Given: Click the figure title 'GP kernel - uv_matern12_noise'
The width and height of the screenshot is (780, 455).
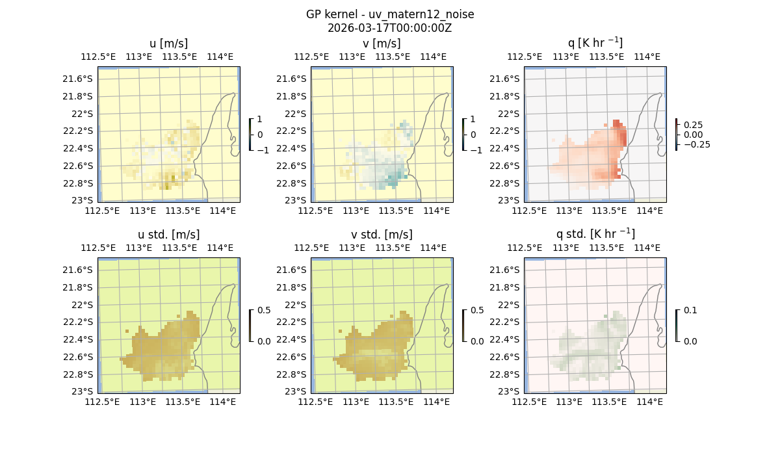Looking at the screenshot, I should point(389,14).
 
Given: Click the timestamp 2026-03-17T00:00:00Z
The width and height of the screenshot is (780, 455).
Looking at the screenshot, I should point(389,28).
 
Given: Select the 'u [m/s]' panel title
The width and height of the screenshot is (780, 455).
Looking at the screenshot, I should point(168,44).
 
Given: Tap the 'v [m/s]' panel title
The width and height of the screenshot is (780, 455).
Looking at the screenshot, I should point(382,44).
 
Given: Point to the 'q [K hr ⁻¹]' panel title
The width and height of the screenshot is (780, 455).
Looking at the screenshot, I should point(595,43).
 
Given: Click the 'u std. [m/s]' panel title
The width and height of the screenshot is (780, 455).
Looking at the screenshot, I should point(168,235).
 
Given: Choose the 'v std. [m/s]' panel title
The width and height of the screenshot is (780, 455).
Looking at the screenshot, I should point(382,235).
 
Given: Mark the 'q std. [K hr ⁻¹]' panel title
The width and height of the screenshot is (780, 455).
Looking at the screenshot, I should point(595,234).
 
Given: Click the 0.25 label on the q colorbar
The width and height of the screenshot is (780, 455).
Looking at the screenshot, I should point(692,125).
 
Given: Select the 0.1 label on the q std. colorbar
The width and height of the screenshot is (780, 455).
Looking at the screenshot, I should point(689,311).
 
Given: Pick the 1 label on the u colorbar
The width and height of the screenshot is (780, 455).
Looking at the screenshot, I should point(259,120).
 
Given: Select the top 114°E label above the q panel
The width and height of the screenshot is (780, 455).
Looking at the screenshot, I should point(647,57).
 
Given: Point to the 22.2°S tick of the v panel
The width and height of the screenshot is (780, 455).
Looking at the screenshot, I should point(294,131).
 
